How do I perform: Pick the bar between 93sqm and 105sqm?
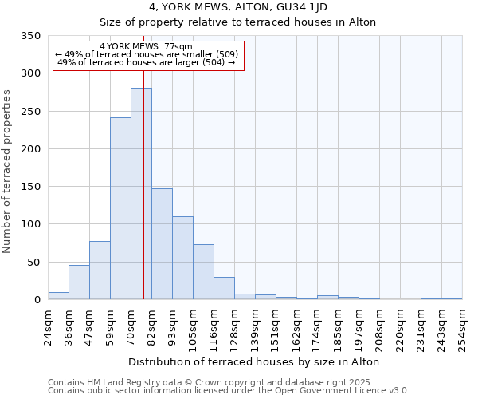point(182,258)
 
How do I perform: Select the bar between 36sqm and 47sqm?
point(79,282)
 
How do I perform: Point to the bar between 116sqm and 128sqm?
point(224,289)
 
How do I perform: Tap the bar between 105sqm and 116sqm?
point(203,272)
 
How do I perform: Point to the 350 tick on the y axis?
point(30,36)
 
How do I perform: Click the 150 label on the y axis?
point(30,187)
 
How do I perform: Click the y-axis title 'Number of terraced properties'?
point(8,172)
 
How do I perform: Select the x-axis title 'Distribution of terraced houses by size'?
point(253,361)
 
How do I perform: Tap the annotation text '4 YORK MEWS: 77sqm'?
point(147,47)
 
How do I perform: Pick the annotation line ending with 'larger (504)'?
point(147,62)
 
